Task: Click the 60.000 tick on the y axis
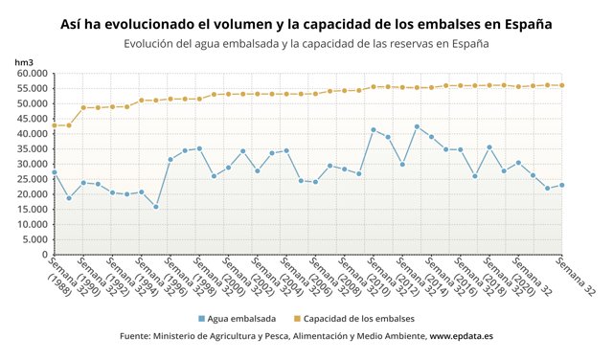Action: (x=32, y=73)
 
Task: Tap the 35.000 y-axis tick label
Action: (x=32, y=148)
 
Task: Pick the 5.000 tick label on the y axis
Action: (x=34, y=239)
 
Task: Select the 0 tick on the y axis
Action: (x=44, y=255)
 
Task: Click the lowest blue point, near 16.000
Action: (x=155, y=207)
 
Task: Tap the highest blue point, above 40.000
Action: (x=417, y=126)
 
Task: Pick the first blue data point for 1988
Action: (x=55, y=172)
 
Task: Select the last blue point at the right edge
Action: (x=561, y=185)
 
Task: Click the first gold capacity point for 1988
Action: (x=55, y=125)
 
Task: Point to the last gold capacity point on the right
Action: (x=561, y=85)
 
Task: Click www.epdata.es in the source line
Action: (x=462, y=337)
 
